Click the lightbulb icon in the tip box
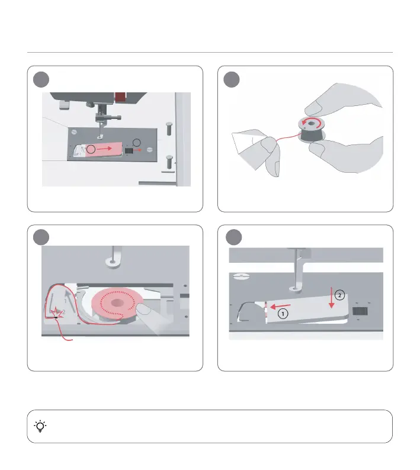[x=40, y=426]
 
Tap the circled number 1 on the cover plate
[x=283, y=314]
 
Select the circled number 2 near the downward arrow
[x=339, y=295]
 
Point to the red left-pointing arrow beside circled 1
[x=280, y=307]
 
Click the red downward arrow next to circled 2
[x=331, y=297]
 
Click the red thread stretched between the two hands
[x=288, y=137]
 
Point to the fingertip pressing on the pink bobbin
[x=143, y=310]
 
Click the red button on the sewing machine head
[x=120, y=97]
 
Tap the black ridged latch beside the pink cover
[x=129, y=150]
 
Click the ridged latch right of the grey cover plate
[x=360, y=311]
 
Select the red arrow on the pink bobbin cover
[x=104, y=149]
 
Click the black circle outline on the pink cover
[x=91, y=149]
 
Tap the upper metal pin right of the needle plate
[x=169, y=128]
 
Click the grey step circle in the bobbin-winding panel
[x=232, y=80]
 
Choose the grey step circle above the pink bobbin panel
[x=41, y=237]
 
